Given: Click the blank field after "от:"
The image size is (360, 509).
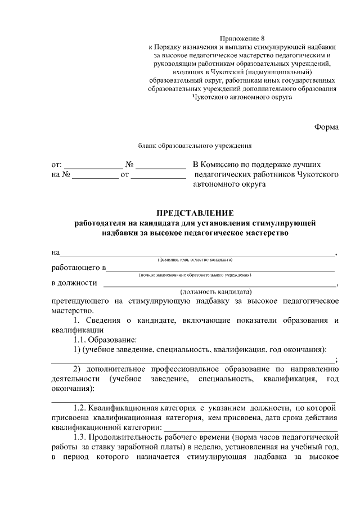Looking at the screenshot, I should click(x=92, y=166).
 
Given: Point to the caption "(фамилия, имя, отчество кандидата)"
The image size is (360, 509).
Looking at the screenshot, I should click(x=195, y=260).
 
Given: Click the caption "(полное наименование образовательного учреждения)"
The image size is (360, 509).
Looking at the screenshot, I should click(x=195, y=275).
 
